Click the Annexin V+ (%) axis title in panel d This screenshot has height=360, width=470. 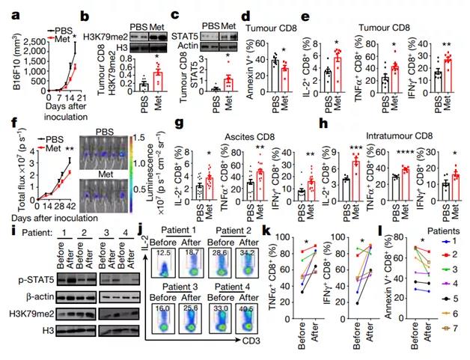[261, 53]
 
